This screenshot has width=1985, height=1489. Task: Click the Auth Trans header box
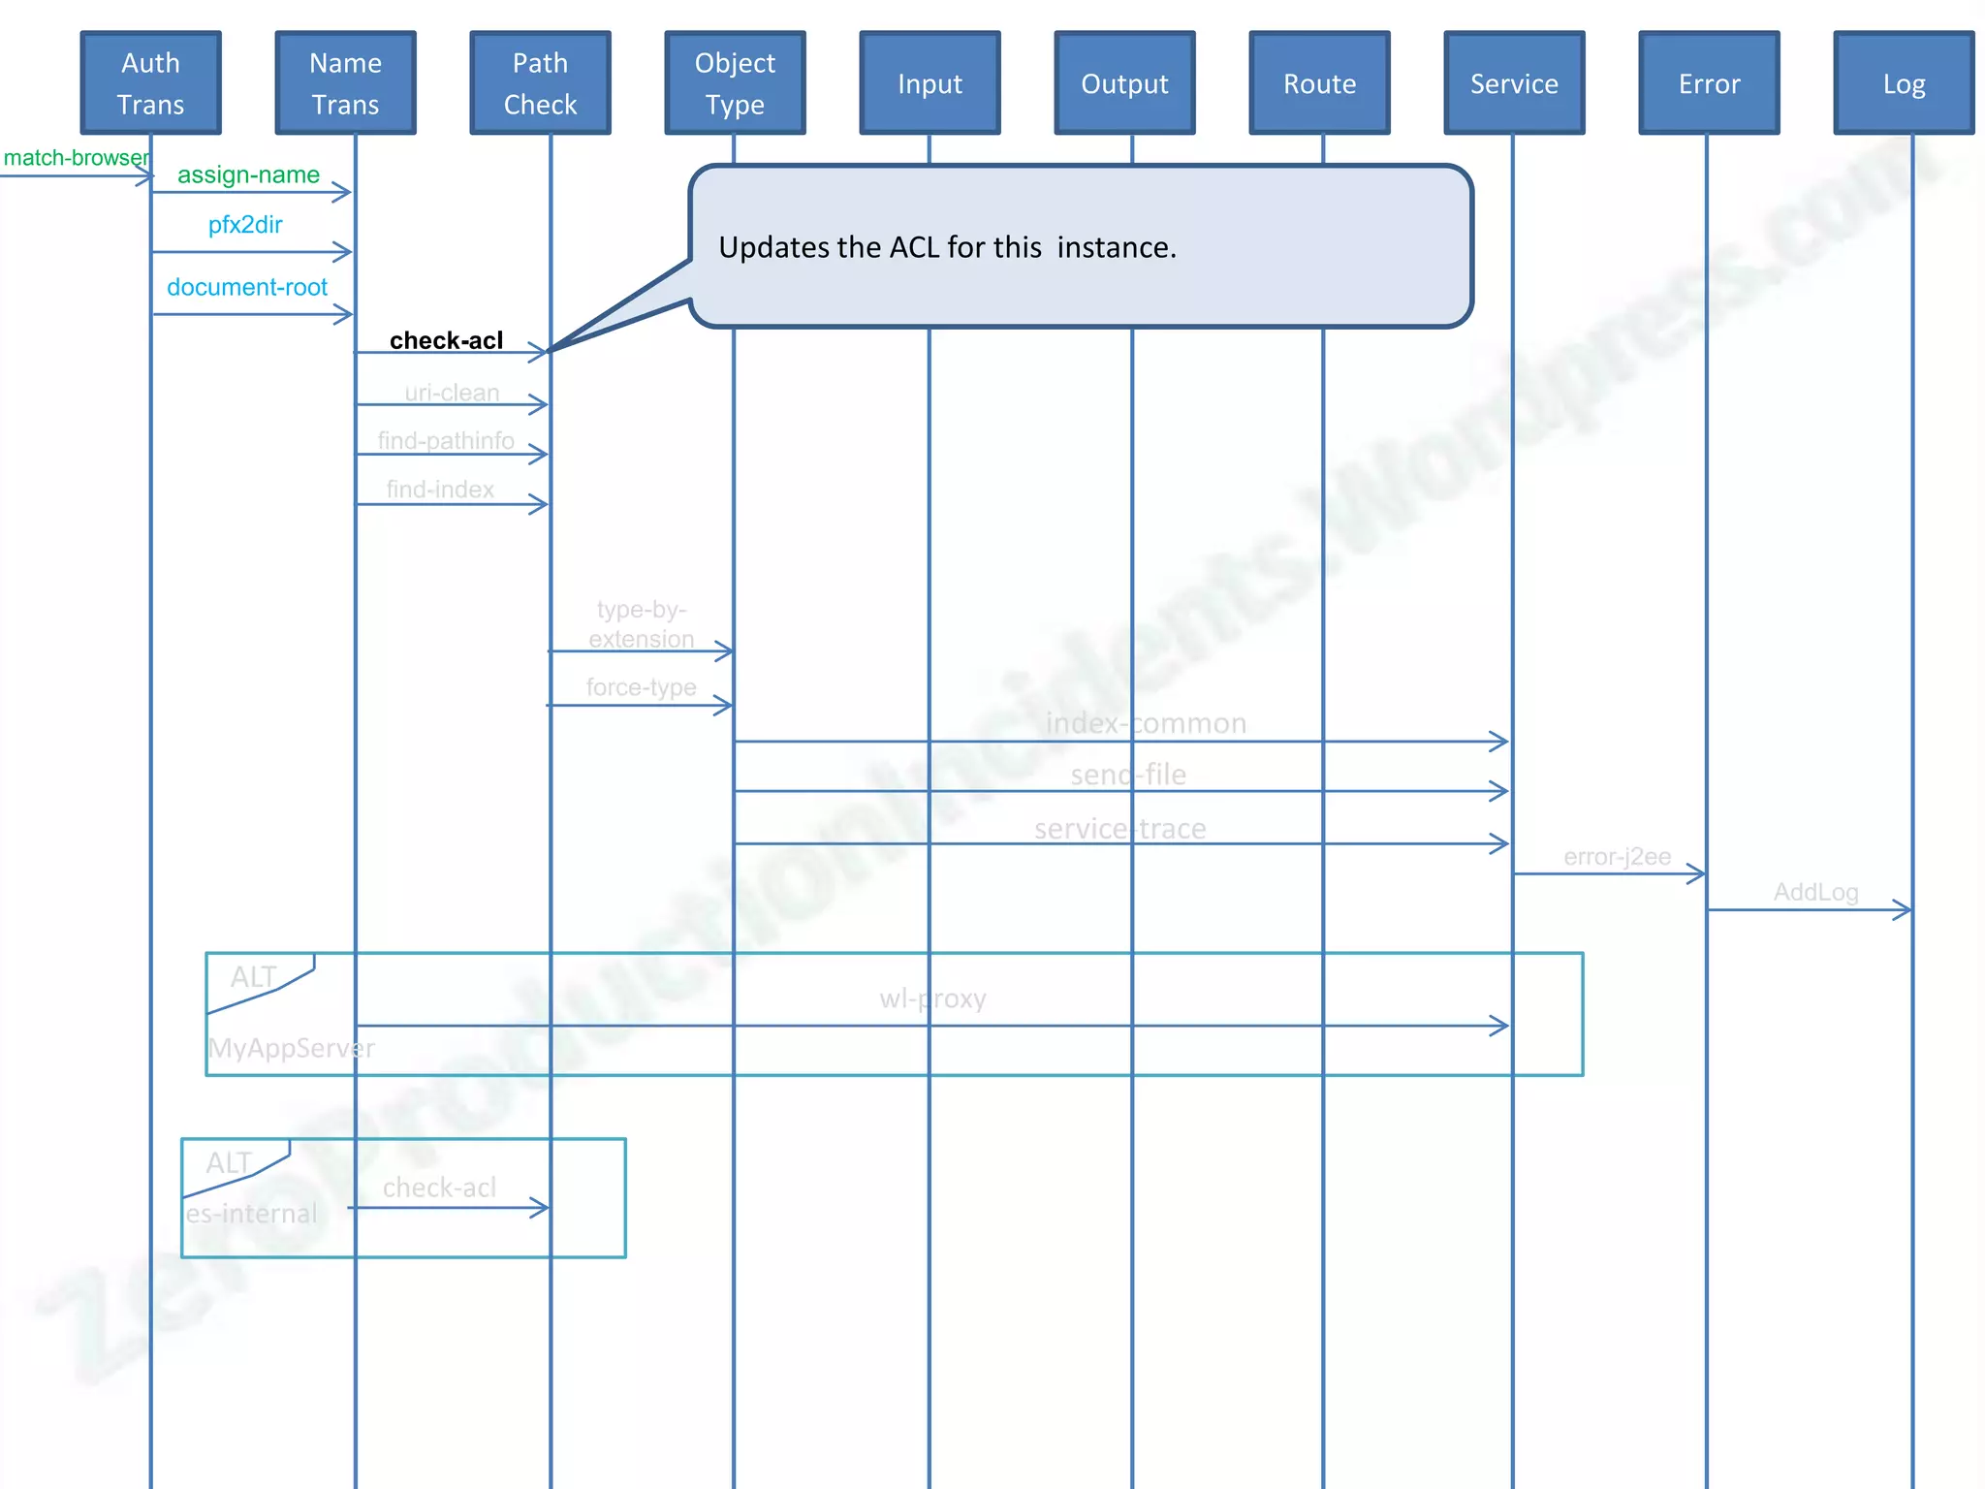[151, 83]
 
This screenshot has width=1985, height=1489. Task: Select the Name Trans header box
[346, 83]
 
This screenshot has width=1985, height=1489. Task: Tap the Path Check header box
[541, 83]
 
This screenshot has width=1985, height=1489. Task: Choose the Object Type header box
[736, 83]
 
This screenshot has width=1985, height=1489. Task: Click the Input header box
[930, 83]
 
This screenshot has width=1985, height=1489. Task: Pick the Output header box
[1125, 83]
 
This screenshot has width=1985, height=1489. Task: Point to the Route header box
[1320, 83]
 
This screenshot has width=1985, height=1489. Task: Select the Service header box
[1515, 83]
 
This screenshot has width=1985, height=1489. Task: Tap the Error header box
[1710, 83]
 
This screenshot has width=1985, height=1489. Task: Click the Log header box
[1905, 83]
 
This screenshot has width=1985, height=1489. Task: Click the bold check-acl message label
[446, 340]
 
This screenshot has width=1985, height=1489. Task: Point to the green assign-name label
[248, 174]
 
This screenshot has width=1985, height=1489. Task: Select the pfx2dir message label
[245, 225]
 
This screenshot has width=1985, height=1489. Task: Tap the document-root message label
[247, 287]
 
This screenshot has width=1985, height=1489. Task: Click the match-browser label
[76, 158]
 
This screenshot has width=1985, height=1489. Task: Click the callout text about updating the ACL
[947, 247]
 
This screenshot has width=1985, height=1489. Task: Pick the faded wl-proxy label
[932, 998]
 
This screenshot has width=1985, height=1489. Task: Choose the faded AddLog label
[1815, 892]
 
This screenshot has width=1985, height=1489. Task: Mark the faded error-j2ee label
[1617, 857]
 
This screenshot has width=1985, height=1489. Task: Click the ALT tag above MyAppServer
[254, 977]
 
